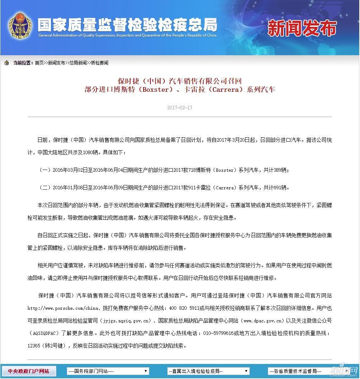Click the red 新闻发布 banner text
point(302,28)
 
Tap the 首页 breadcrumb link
point(39,63)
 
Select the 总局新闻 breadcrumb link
point(78,63)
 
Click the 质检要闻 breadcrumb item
point(99,63)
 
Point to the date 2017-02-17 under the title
point(179,108)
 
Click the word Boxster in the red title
point(155,90)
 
